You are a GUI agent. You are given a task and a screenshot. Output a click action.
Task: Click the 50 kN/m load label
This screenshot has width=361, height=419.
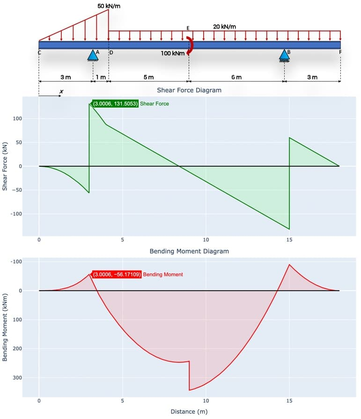(x=109, y=6)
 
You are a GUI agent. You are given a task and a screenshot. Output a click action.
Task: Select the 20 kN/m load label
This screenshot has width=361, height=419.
(x=224, y=26)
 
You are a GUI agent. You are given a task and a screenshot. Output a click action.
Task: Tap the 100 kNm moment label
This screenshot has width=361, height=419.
(x=172, y=53)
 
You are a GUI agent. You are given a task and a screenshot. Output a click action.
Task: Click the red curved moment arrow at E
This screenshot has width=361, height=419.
(x=189, y=46)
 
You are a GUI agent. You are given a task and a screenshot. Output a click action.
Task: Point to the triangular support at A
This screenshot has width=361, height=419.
(x=93, y=55)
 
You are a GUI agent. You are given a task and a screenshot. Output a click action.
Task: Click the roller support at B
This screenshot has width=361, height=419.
(x=284, y=55)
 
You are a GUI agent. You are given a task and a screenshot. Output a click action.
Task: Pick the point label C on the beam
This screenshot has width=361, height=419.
(x=39, y=52)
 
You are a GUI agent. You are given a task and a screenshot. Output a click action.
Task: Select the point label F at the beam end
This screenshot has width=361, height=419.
(x=340, y=52)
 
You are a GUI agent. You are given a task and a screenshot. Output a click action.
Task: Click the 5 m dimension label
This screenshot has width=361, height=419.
(x=148, y=77)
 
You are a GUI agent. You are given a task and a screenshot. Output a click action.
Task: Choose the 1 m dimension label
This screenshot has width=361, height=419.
(x=101, y=77)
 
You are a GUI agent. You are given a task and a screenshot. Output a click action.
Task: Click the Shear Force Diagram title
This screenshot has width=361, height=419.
(x=189, y=90)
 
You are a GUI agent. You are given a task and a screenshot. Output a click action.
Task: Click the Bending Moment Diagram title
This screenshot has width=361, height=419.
(x=189, y=251)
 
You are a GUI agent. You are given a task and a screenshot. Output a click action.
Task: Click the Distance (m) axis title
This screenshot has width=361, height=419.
(x=189, y=412)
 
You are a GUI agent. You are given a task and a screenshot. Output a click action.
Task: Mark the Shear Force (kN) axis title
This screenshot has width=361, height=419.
(x=6, y=166)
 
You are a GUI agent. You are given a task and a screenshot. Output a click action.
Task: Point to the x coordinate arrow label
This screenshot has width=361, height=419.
(x=61, y=91)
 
